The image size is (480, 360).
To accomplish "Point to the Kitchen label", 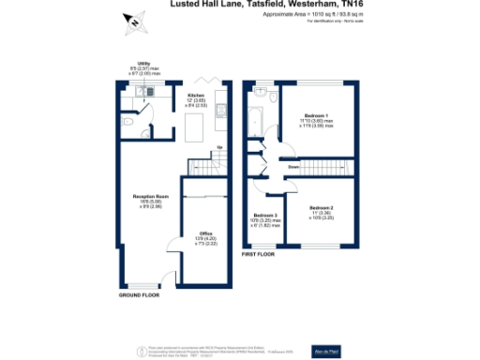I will point(196,96).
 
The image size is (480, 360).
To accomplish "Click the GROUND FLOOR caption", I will point(138,294).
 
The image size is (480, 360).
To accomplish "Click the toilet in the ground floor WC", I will point(126,121).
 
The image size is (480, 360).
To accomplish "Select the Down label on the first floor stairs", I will point(293,167).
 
